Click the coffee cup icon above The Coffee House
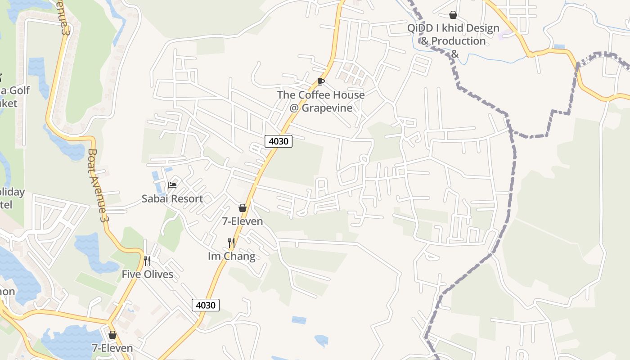pos(320,81)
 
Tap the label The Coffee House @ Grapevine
pos(320,101)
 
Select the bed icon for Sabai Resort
pos(172,185)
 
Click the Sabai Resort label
pos(172,198)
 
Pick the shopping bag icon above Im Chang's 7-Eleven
pos(243,208)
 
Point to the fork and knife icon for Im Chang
pos(231,243)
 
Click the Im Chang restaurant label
pos(231,256)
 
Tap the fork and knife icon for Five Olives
pos(147,261)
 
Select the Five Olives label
pos(147,274)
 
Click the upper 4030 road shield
pos(279,141)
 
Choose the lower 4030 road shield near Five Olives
pos(206,305)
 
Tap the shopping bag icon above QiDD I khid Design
pos(453,15)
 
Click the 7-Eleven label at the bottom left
pos(112,348)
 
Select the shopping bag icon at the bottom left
pos(112,335)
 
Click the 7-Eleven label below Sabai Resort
pos(243,221)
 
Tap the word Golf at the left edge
pos(20,90)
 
